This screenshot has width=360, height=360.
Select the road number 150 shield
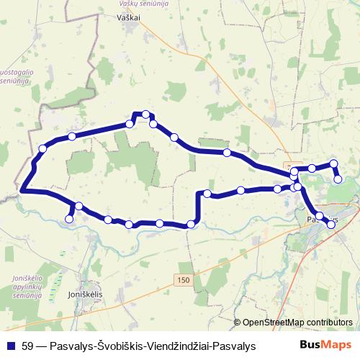181,279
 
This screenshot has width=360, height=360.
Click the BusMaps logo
320,345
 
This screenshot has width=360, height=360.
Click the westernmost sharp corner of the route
22,191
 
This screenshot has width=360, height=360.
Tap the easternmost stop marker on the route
338,179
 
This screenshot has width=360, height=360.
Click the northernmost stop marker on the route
146,114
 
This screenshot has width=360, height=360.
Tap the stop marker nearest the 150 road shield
191,225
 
